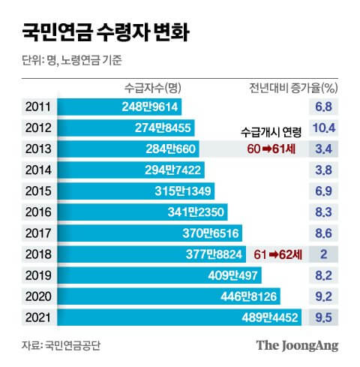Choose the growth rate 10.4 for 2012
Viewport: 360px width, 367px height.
click(325, 127)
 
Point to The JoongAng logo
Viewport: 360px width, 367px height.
click(298, 345)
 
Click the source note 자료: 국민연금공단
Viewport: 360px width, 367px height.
click(61, 346)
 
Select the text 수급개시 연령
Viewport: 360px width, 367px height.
click(272, 132)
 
